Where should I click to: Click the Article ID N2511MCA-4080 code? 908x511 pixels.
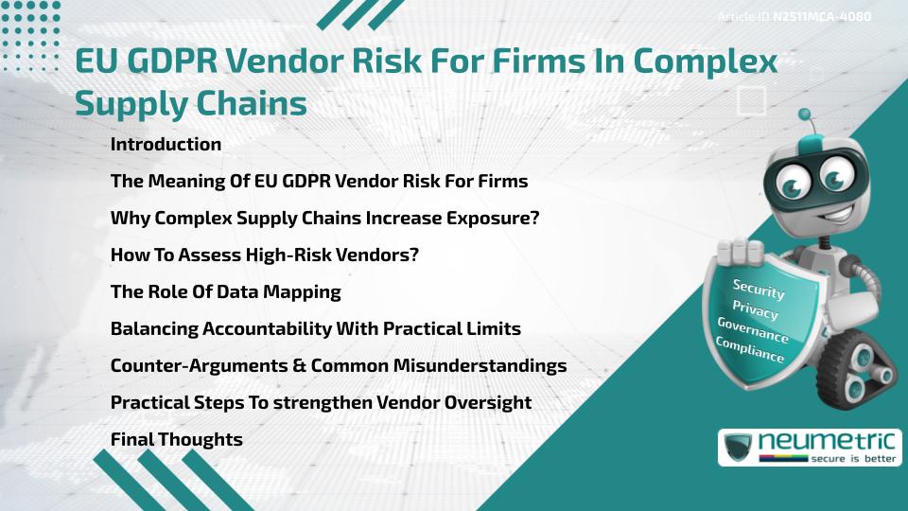822,16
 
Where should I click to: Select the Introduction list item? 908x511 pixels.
166,145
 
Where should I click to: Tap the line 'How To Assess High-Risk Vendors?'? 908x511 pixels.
265,255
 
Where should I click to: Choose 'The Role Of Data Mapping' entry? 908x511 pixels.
225,291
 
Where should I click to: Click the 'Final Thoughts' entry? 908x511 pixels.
176,439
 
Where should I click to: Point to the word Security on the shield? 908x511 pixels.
759,290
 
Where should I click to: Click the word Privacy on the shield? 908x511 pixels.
755,310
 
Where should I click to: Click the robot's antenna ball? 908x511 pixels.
806,115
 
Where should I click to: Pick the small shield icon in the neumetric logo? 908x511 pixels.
739,448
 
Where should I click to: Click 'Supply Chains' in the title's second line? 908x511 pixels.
191,103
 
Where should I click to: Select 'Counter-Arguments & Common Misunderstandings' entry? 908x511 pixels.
339,365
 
